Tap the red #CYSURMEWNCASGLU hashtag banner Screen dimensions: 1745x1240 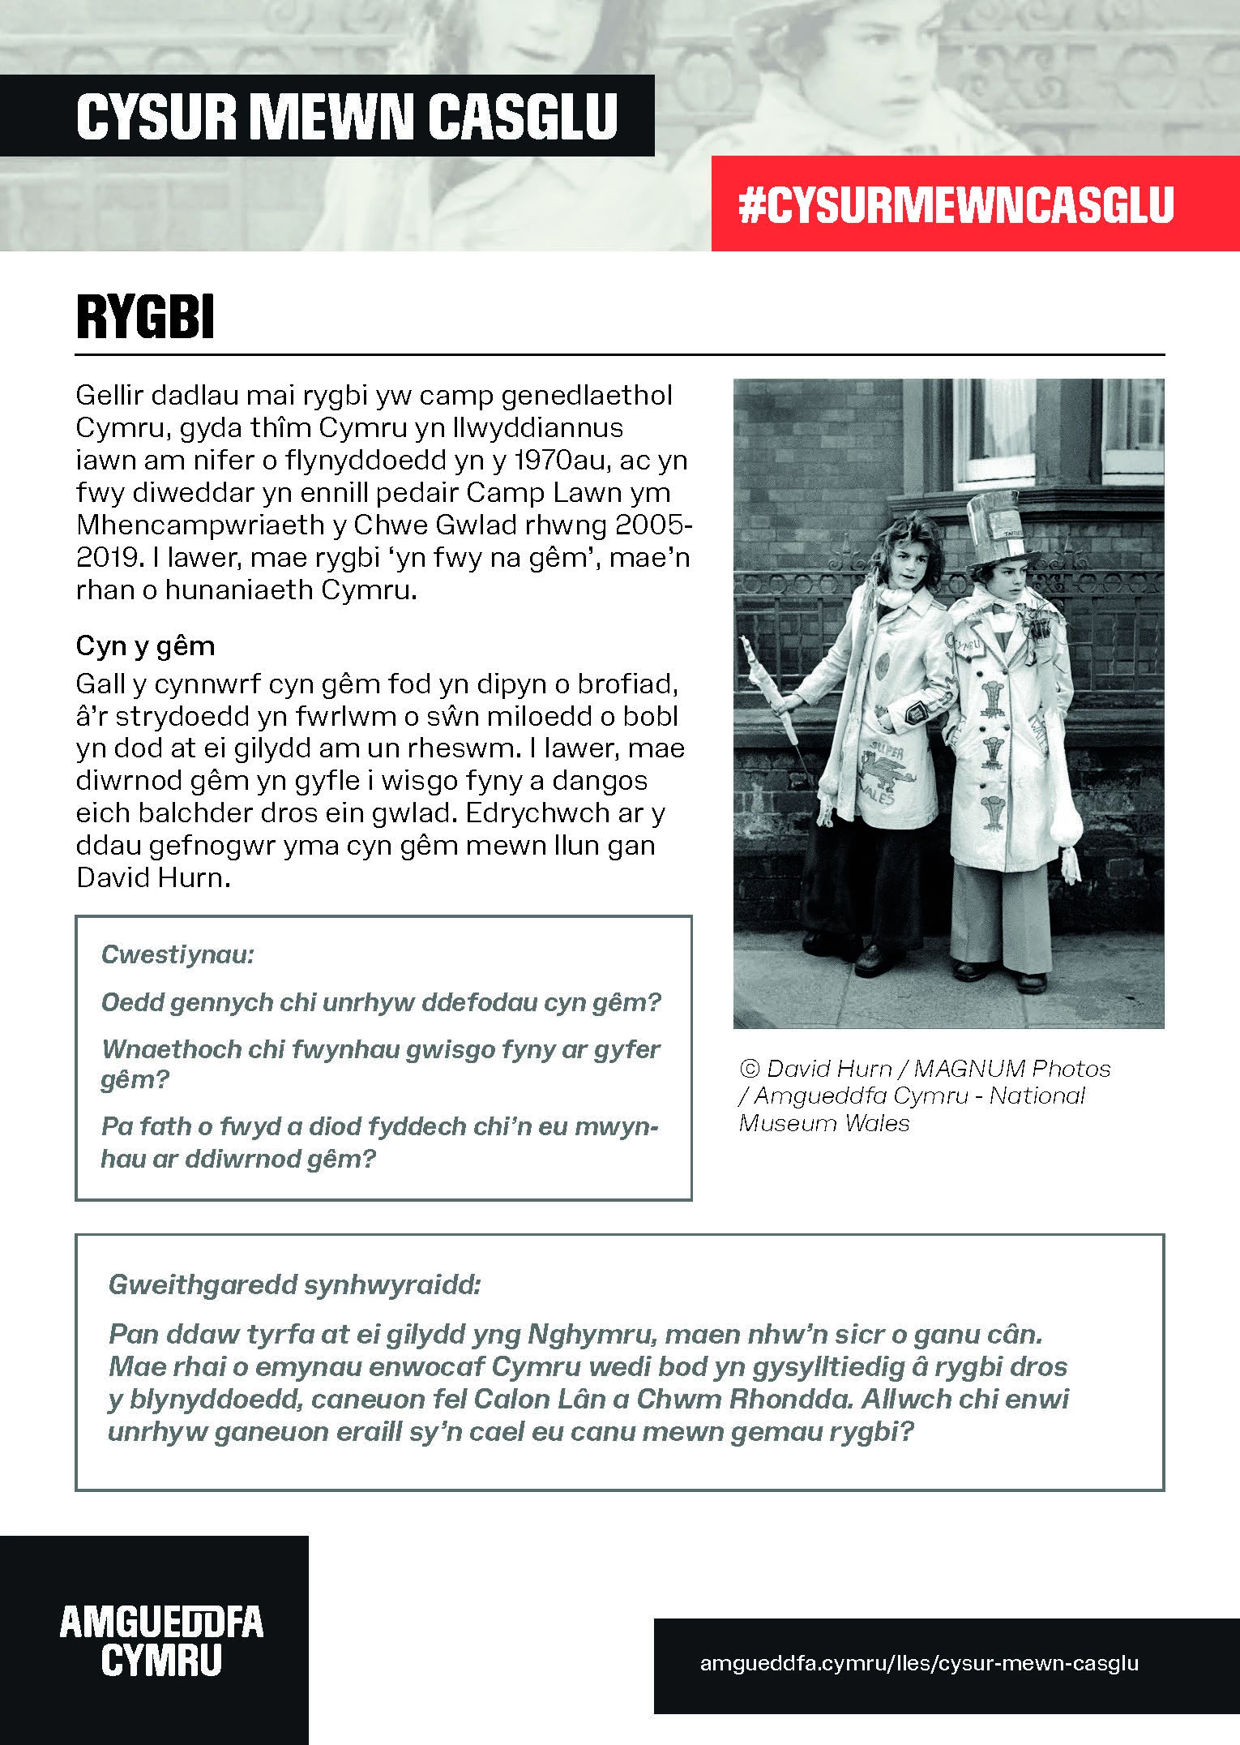pos(956,204)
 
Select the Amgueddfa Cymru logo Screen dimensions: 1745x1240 pos(161,1641)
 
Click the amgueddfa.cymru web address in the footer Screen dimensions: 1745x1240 pos(918,1663)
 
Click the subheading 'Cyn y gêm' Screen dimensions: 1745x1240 pos(146,646)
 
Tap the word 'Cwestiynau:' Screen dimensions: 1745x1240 pos(178,954)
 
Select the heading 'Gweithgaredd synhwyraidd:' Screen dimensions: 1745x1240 pos(295,1284)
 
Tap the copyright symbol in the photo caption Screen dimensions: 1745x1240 pos(747,1069)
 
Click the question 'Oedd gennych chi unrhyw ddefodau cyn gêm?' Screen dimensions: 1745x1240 pos(381,1002)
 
